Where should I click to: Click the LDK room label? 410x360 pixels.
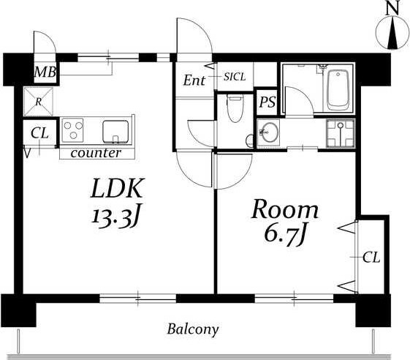pyautogui.click(x=117, y=188)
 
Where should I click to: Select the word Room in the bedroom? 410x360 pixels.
pyautogui.click(x=285, y=209)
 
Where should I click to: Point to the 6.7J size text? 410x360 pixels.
pyautogui.click(x=285, y=236)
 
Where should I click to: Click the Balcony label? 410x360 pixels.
pyautogui.click(x=193, y=329)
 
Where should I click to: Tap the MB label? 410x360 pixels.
pyautogui.click(x=45, y=72)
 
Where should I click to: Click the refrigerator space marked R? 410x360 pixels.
pyautogui.click(x=39, y=102)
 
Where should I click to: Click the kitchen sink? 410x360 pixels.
pyautogui.click(x=115, y=132)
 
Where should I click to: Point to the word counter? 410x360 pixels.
pyautogui.click(x=96, y=153)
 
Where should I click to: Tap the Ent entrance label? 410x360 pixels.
pyautogui.click(x=194, y=80)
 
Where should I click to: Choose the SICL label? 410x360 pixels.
pyautogui.click(x=235, y=77)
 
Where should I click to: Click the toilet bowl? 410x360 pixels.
pyautogui.click(x=235, y=108)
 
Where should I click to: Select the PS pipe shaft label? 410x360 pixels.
pyautogui.click(x=267, y=102)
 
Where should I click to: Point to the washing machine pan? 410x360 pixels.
pyautogui.click(x=340, y=132)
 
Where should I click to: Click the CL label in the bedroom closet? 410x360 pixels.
pyautogui.click(x=371, y=258)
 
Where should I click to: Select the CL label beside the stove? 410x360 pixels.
pyautogui.click(x=39, y=133)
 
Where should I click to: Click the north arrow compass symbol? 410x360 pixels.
pyautogui.click(x=392, y=32)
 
